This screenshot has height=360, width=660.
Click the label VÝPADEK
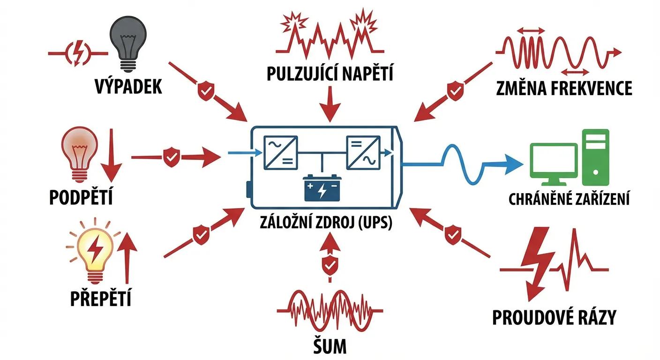pyautogui.click(x=127, y=87)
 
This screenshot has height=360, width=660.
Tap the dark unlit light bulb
pyautogui.click(x=127, y=40)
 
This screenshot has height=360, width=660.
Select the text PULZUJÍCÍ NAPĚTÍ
pyautogui.click(x=330, y=74)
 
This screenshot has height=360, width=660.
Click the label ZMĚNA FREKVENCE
pyautogui.click(x=564, y=88)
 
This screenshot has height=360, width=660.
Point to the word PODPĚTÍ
pyautogui.click(x=81, y=198)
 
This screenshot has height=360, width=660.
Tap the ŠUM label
pyautogui.click(x=330, y=346)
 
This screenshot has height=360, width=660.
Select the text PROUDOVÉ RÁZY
pyautogui.click(x=554, y=317)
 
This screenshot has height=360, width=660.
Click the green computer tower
pyautogui.click(x=595, y=157)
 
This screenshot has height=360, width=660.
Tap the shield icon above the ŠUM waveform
pyautogui.click(x=330, y=265)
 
